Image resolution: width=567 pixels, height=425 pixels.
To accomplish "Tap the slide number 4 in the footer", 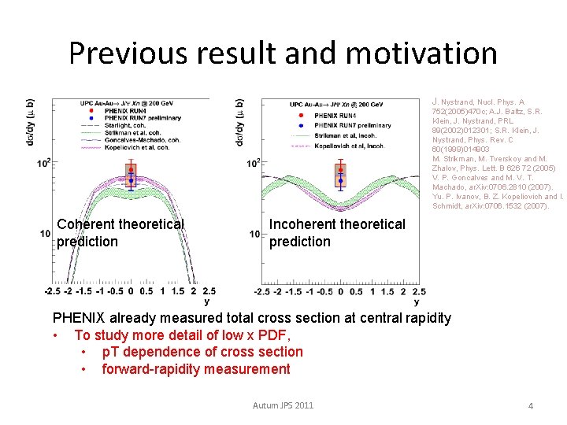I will coord(530,406).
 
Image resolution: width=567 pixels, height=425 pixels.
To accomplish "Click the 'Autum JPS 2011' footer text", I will coord(283,405).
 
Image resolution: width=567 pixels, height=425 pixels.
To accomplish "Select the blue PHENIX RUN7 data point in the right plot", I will coord(340,181).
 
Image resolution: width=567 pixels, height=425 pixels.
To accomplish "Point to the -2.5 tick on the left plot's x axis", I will coord(52,290).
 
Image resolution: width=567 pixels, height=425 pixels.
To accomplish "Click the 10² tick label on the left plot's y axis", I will coord(44,164).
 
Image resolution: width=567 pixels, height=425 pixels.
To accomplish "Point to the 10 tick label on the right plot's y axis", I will coord(254,235).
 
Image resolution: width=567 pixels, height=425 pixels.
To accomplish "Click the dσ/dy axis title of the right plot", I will coord(239,122).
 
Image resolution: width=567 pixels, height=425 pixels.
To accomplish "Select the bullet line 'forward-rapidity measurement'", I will coord(195,369).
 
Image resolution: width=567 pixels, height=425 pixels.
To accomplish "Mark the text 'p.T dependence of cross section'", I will coord(202,352).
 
